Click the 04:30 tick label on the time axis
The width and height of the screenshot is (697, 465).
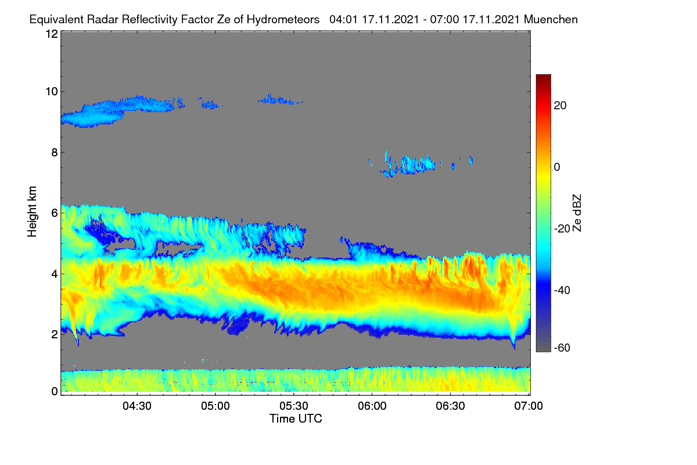tap(137, 406)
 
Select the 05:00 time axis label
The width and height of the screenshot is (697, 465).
tap(215, 406)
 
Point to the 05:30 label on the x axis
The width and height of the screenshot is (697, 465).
tap(294, 406)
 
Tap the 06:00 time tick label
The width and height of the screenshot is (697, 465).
tap(372, 406)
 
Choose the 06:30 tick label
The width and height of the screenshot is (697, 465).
tap(450, 406)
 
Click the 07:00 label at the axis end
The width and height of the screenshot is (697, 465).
tap(529, 406)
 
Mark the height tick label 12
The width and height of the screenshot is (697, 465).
tap(52, 34)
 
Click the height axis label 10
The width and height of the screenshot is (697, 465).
tap(52, 92)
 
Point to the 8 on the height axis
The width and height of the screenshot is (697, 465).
tap(55, 152)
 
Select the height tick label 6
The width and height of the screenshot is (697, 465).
tap(55, 213)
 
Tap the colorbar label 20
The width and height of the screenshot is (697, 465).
tap(560, 106)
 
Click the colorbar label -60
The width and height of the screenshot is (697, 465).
tap(562, 348)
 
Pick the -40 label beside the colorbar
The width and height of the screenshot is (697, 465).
tap(562, 290)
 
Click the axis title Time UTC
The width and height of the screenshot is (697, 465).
tap(296, 419)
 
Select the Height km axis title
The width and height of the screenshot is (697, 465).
tap(32, 212)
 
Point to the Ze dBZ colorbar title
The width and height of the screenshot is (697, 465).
tap(577, 213)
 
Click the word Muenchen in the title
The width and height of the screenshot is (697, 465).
tap(551, 19)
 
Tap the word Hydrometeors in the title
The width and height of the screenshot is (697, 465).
tap(283, 20)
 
